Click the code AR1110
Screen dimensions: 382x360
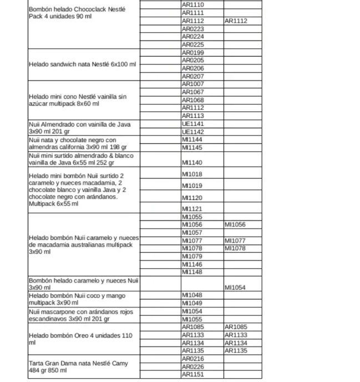(192, 4)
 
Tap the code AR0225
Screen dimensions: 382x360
(192, 44)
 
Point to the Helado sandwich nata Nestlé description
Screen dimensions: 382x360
(82, 64)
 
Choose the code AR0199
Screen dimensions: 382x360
(192, 53)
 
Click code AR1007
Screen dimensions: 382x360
(192, 84)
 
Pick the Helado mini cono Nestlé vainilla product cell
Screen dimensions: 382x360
(78, 100)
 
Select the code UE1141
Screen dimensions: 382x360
(192, 124)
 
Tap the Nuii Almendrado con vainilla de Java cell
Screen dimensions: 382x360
(80, 128)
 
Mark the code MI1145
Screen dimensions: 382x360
(192, 148)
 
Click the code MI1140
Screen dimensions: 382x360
(192, 163)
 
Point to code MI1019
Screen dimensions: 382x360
(192, 185)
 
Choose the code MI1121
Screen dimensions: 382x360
(192, 209)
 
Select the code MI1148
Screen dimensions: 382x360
(192, 272)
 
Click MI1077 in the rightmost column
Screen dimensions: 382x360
(235, 240)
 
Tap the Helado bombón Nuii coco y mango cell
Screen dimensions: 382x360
(77, 299)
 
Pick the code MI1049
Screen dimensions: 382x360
(192, 303)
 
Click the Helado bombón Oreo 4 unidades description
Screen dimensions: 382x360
(80, 339)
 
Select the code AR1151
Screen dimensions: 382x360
(192, 374)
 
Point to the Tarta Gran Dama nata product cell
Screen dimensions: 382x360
(77, 366)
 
